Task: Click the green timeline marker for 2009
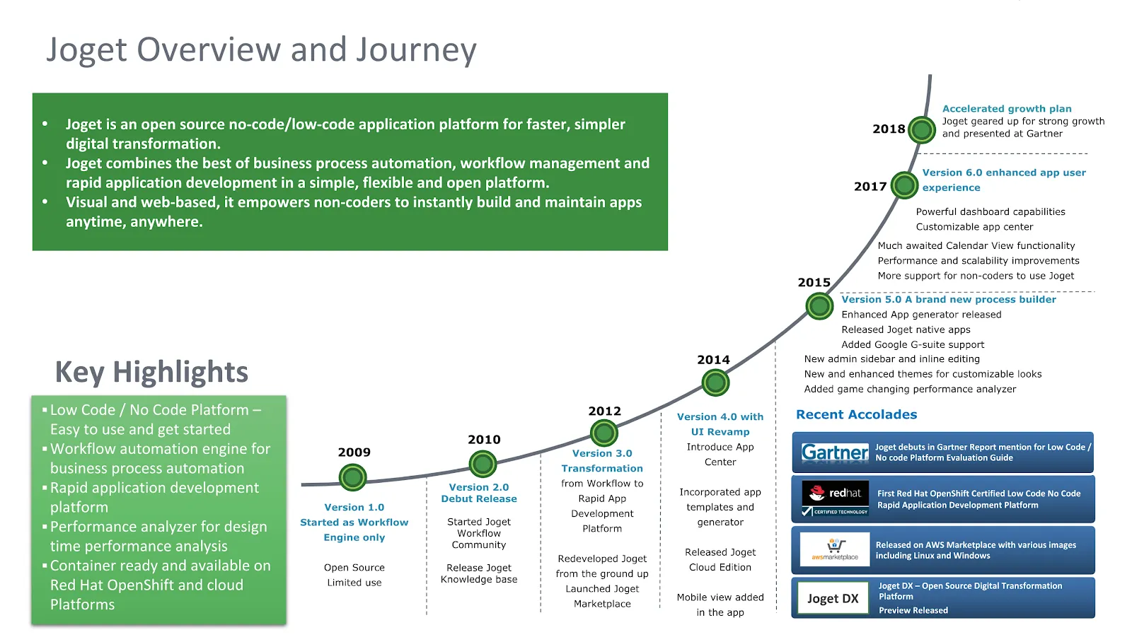pos(352,477)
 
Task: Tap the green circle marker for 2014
pos(715,383)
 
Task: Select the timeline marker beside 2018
pos(922,130)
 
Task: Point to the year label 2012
pos(604,411)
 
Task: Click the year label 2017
pos(870,187)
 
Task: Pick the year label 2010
pos(484,440)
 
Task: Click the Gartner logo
pos(835,452)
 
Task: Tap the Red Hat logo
pos(836,498)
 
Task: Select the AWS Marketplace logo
pos(835,549)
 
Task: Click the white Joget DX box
pos(833,598)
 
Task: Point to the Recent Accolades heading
pos(857,415)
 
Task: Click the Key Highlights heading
pos(151,373)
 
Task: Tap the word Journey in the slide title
pos(416,50)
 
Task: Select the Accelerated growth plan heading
pos(1007,109)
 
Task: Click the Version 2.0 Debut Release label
pos(479,493)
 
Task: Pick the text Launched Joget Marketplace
pos(602,596)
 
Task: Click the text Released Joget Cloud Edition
pos(720,560)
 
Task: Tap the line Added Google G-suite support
pos(913,344)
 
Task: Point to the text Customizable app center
pos(974,227)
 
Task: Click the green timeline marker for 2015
pos(819,305)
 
